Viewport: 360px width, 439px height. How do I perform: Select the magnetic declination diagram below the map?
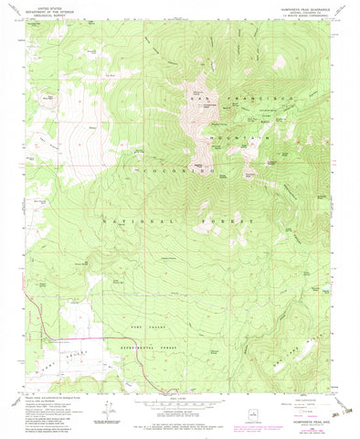click(x=111, y=407)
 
